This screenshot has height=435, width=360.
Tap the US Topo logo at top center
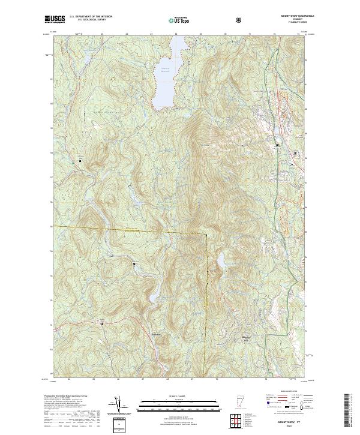(x=179, y=20)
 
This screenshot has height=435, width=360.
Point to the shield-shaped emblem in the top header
(x=240, y=20)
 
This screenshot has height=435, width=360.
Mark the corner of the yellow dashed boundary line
(x=205, y=233)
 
